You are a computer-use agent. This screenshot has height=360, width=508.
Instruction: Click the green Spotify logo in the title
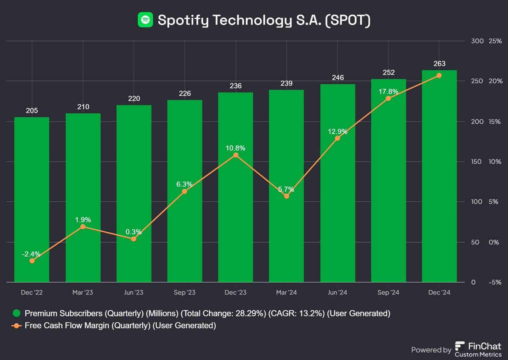coord(145,20)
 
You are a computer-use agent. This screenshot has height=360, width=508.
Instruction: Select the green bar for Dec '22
coord(32,199)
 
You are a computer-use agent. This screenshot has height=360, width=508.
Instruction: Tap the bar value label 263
coord(439,63)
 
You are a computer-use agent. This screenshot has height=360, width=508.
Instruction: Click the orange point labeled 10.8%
coord(236,155)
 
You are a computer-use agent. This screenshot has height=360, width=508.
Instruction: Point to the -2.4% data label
coord(32,254)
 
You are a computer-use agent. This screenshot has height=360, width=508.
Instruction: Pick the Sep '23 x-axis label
coord(185,292)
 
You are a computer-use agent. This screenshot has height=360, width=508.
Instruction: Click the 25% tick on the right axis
coord(495,41)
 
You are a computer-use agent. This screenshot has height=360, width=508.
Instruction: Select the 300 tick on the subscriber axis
coord(477,41)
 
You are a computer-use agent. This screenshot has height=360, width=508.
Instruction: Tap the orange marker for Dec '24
coord(439,75)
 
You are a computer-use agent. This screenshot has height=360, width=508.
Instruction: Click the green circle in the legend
coord(16,313)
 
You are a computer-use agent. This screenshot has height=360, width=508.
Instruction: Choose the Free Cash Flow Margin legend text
coord(120,326)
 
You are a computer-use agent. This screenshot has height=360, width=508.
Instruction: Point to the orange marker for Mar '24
coord(287,196)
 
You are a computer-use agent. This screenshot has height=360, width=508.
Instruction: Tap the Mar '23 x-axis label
coord(83,292)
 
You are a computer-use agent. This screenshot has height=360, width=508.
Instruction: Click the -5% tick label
coord(495,282)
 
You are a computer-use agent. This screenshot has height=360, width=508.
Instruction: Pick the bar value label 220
coord(134,99)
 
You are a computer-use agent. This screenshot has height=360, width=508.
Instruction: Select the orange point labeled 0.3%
coord(134,239)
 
